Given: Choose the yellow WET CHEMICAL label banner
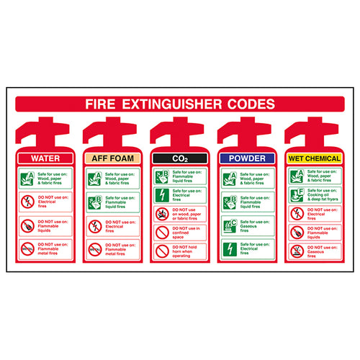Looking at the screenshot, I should click(315, 158).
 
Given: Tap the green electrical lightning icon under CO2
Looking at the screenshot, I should click(162, 194).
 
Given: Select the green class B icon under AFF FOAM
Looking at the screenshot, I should click(94, 202).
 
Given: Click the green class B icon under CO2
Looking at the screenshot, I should click(162, 175).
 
